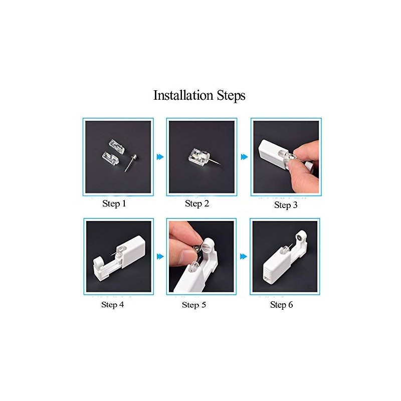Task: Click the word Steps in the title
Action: (230, 95)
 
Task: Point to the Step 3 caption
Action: (286, 205)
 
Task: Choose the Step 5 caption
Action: (194, 304)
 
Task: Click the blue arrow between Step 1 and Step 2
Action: (160, 157)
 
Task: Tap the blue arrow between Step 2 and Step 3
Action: (244, 157)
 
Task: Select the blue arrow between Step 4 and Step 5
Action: (160, 256)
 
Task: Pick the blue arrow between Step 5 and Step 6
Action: (244, 256)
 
